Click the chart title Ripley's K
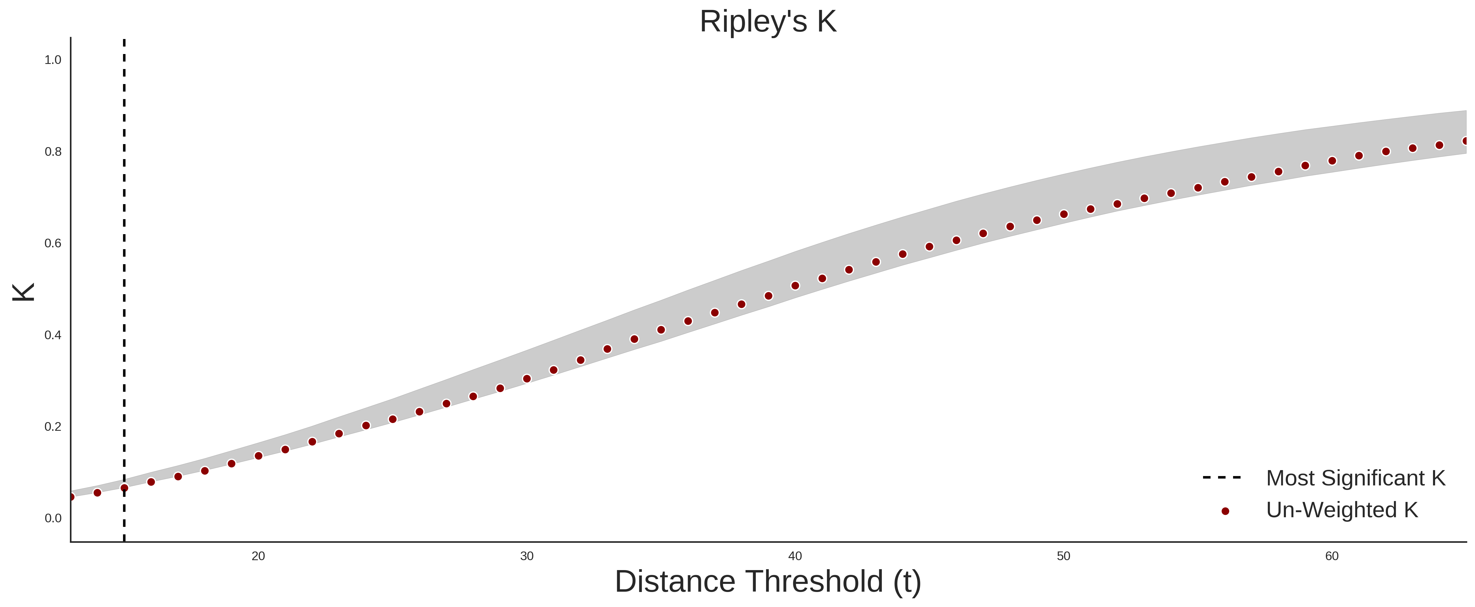(768, 22)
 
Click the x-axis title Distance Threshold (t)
(768, 582)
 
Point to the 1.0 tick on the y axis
(53, 60)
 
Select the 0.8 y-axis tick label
(53, 152)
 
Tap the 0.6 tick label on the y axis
(53, 243)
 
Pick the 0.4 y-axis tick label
(53, 335)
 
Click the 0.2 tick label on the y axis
(53, 427)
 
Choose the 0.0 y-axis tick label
(53, 518)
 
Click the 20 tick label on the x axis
(258, 556)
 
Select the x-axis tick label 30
(527, 556)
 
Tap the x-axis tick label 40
(795, 556)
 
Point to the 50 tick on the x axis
(1063, 556)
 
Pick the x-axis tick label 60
(1332, 556)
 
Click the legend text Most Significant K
(1355, 478)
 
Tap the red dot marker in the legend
(1225, 511)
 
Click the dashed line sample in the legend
(1222, 477)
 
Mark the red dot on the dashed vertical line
(124, 488)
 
